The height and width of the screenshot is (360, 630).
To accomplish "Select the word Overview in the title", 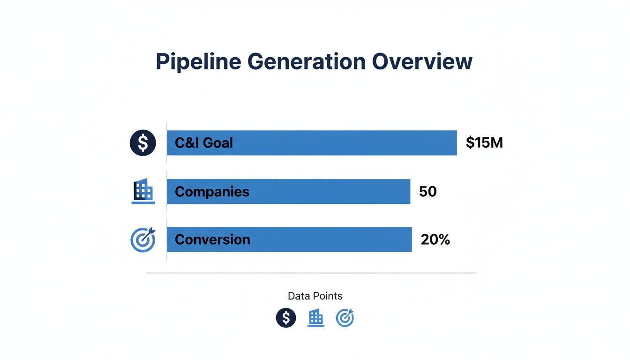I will [422, 62].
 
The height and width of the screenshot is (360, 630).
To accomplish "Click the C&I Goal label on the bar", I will [203, 143].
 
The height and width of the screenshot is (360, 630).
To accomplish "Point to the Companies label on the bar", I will [212, 191].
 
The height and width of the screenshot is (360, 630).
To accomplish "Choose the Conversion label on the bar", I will [212, 240].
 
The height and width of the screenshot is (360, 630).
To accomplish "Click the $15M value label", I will [484, 142].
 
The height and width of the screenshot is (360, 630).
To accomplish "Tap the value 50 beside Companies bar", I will [428, 191].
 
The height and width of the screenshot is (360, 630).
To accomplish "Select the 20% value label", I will [435, 240].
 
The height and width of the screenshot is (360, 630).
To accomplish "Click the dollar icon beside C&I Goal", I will [142, 143].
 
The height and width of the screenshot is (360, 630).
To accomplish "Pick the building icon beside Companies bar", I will [143, 191].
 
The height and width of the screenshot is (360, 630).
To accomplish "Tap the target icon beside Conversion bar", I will [142, 240].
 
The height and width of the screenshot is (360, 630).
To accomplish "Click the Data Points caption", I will [315, 296].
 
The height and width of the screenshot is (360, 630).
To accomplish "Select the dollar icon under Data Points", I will [286, 318].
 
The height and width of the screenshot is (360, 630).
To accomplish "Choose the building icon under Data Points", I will [316, 318].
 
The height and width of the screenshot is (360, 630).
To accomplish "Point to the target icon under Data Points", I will [345, 318].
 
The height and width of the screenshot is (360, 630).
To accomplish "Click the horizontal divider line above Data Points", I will [311, 272].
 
